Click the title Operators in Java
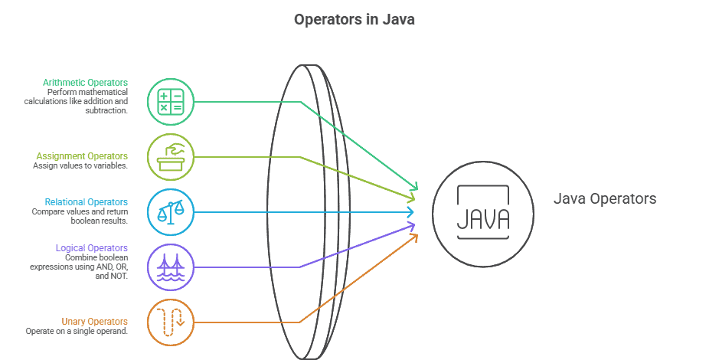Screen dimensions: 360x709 (x=354, y=20)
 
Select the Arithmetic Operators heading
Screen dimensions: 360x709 (x=85, y=82)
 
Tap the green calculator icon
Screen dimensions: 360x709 (x=170, y=102)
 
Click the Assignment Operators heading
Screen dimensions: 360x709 (x=83, y=155)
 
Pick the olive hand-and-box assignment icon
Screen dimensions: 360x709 (x=170, y=157)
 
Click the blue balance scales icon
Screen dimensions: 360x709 (x=170, y=211)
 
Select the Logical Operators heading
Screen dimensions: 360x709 (x=91, y=248)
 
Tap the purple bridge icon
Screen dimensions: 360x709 (x=170, y=267)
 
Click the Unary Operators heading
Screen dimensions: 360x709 (x=94, y=321)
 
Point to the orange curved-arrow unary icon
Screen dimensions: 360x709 (x=170, y=321)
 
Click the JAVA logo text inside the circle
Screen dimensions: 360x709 (x=482, y=218)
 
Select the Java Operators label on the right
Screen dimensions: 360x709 (x=604, y=199)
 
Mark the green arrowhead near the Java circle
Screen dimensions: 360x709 (x=414, y=186)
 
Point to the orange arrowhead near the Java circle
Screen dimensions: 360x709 (x=414, y=237)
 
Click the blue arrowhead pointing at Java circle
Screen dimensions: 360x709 (x=411, y=212)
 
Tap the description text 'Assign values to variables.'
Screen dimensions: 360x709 (x=80, y=165)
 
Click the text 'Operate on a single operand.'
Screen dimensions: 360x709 (x=76, y=331)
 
